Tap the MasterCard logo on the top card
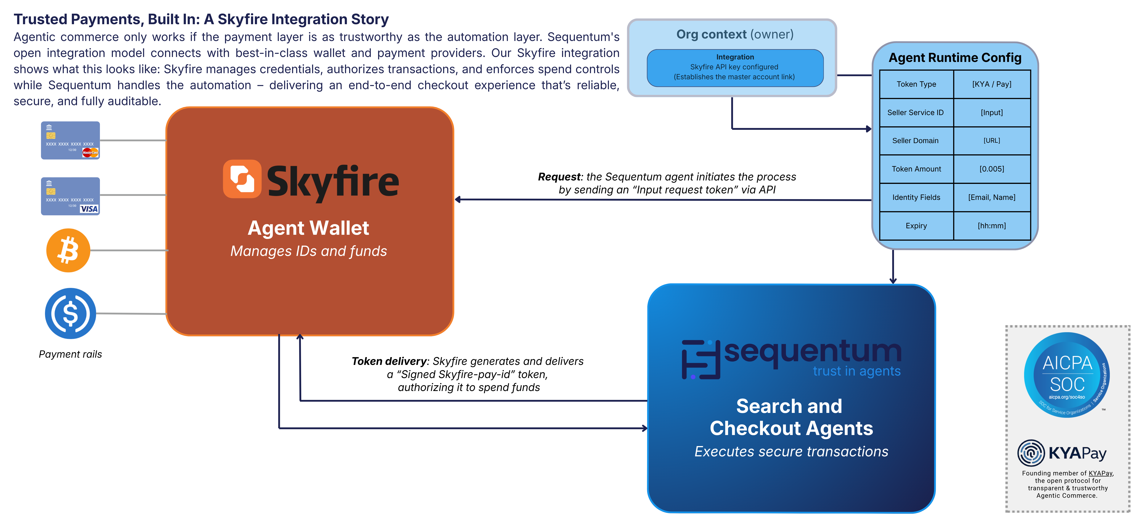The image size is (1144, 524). [x=90, y=153]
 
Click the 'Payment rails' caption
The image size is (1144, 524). [x=70, y=354]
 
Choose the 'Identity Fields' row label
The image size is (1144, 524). [x=916, y=197]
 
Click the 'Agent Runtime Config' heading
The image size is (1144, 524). [x=955, y=58]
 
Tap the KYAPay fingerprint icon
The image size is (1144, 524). [x=1031, y=453]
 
